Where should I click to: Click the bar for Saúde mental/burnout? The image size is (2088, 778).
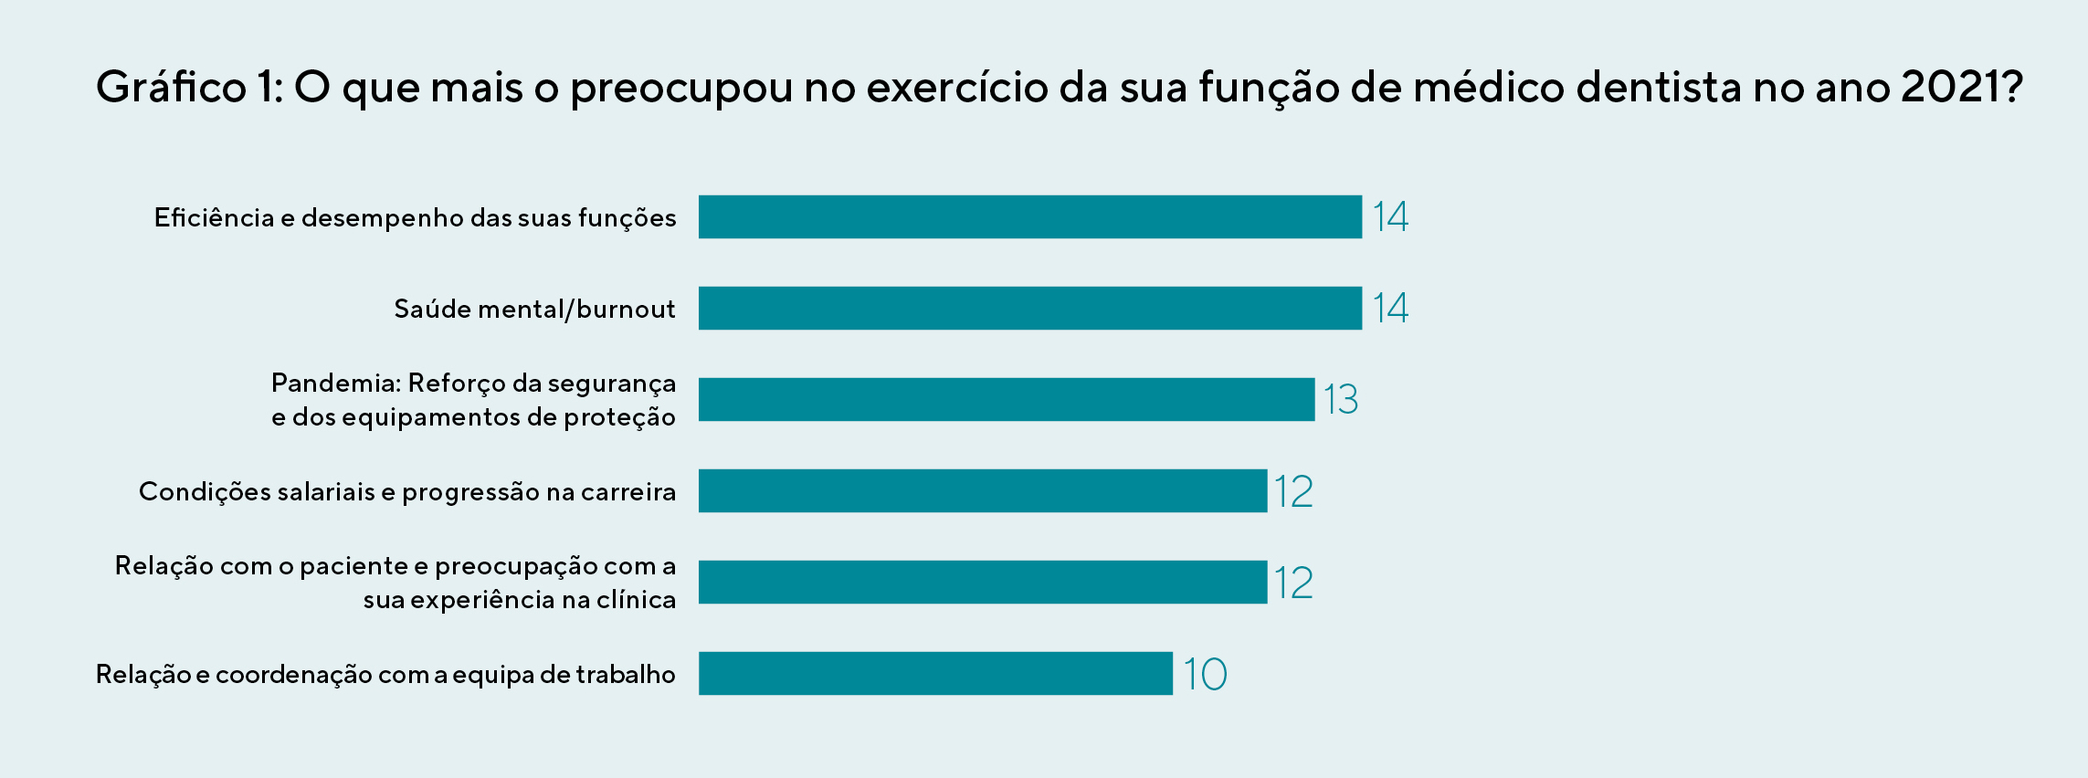tap(1029, 308)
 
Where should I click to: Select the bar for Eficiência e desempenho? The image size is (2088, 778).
tap(1029, 216)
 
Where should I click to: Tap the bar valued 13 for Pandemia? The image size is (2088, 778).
tap(1006, 399)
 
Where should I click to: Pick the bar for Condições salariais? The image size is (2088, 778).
tap(982, 490)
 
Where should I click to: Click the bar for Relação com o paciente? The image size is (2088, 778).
tap(982, 582)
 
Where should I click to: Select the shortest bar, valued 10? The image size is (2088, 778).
tap(934, 673)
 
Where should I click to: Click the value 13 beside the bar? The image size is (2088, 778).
tap(1341, 400)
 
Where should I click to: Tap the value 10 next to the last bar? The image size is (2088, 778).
tap(1205, 674)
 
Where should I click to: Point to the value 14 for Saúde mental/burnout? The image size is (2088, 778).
tap(1390, 308)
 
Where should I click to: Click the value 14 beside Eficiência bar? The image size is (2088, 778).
tap(1390, 216)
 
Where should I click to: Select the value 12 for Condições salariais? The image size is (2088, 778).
tap(1293, 491)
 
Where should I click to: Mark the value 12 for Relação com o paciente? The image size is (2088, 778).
tap(1293, 583)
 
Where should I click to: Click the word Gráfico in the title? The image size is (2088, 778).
tap(171, 88)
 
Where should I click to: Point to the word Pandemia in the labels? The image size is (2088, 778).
tap(335, 383)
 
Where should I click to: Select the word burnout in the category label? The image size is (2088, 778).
tap(626, 310)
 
